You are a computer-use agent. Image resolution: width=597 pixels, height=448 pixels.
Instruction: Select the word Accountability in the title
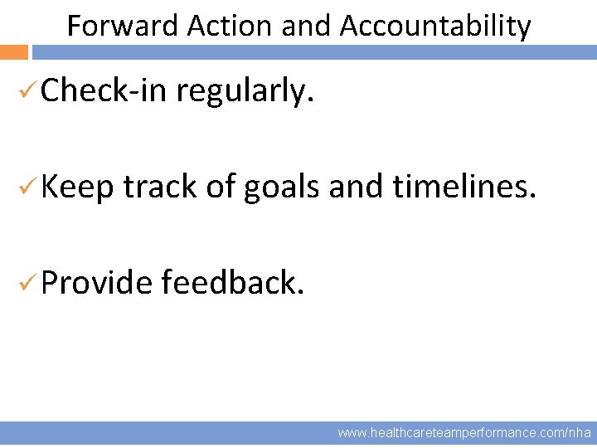434,27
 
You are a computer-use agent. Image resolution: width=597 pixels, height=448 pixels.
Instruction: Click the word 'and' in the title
306,27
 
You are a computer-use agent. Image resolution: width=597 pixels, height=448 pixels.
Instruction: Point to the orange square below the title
14,52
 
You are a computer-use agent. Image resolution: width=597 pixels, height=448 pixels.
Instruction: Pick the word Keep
76,188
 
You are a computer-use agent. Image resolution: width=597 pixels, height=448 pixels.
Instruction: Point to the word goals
281,188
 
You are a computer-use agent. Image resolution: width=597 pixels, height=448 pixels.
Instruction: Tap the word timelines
465,187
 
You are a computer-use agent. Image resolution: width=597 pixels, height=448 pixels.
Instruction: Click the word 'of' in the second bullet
221,187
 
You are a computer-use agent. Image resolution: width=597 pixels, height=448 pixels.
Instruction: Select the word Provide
96,283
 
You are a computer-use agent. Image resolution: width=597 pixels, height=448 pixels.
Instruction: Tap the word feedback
234,283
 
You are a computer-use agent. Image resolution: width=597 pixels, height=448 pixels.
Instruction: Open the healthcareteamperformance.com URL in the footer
464,433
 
